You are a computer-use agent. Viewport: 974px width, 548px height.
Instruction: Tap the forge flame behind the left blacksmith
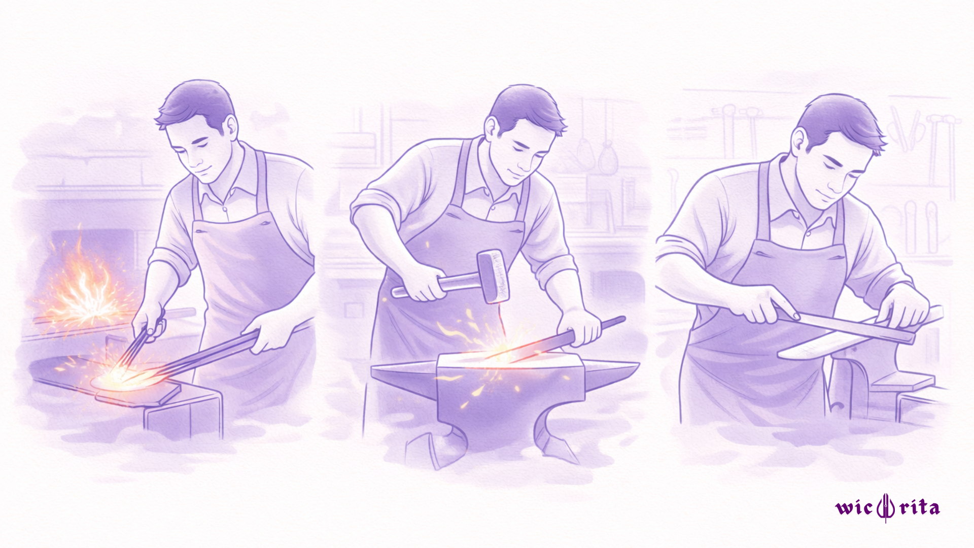84,284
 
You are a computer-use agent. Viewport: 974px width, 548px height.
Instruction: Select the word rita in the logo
920,507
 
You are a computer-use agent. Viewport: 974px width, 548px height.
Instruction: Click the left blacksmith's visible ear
231,127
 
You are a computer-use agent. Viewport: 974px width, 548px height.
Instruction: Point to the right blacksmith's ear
799,142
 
